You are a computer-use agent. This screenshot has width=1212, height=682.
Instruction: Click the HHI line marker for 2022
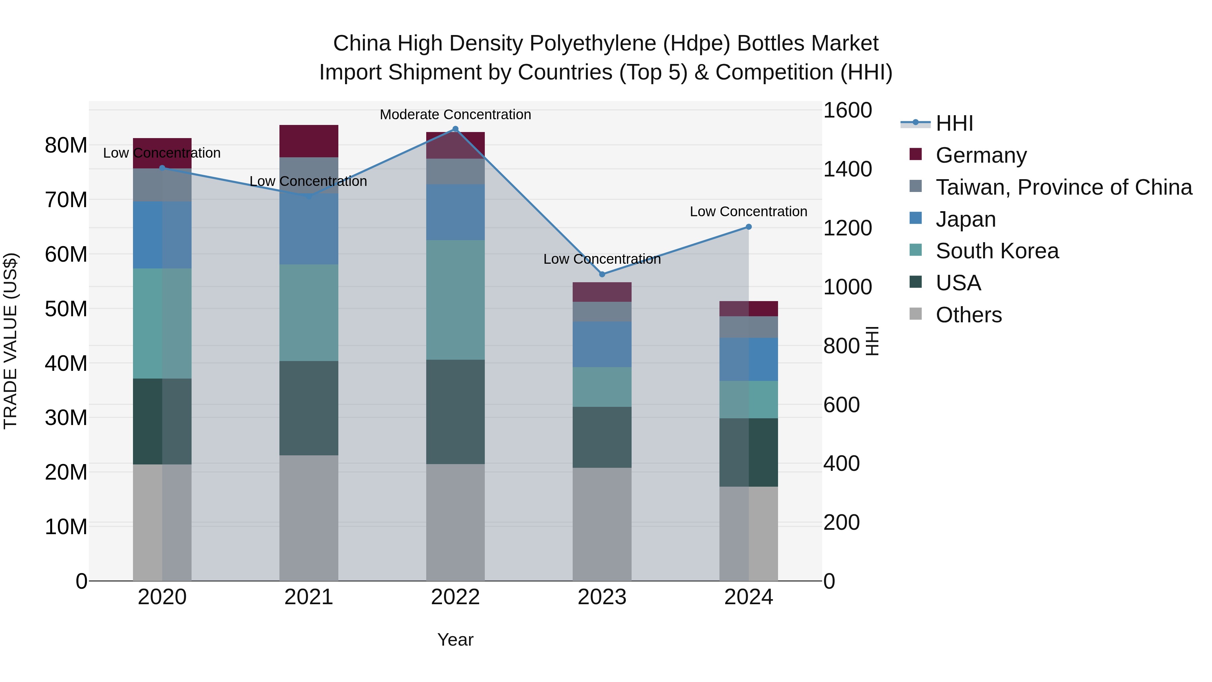click(x=455, y=129)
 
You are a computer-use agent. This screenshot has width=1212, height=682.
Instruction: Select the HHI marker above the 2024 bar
click(x=748, y=227)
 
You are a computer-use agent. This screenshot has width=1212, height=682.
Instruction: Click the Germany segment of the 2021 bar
click(x=309, y=141)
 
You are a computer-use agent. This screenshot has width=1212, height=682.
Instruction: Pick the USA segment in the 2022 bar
click(x=455, y=412)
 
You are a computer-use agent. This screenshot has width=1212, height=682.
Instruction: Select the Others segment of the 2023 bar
click(x=602, y=524)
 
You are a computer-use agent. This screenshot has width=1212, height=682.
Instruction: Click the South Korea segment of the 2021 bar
click(x=309, y=313)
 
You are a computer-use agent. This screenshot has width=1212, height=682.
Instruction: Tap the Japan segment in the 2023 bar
click(x=602, y=344)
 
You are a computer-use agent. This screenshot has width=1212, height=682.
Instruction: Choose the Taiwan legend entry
click(x=1063, y=187)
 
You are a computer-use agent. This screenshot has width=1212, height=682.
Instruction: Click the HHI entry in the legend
click(x=954, y=123)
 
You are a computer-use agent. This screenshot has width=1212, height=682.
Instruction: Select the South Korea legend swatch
click(x=916, y=250)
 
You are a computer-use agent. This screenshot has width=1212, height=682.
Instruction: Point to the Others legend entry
click(x=968, y=315)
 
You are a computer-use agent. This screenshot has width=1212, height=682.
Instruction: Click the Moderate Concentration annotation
click(x=455, y=115)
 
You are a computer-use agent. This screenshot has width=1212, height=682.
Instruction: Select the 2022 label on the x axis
click(x=455, y=597)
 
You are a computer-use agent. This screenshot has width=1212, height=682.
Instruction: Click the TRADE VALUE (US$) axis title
click(x=10, y=341)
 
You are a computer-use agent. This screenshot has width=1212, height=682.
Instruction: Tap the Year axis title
click(x=455, y=640)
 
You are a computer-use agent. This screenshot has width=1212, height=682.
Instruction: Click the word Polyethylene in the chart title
click(x=594, y=43)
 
